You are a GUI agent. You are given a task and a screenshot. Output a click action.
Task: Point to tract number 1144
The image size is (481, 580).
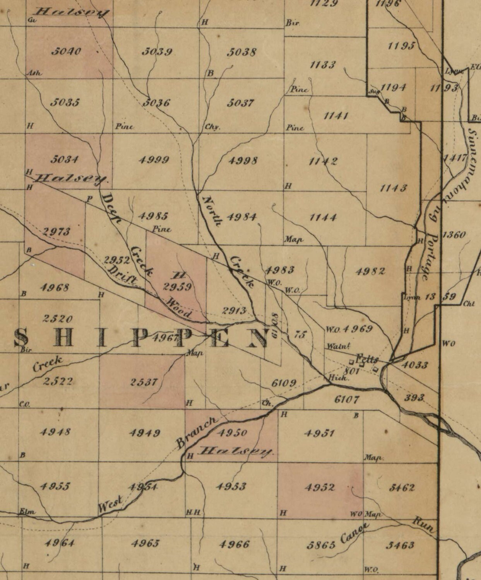click(323, 217)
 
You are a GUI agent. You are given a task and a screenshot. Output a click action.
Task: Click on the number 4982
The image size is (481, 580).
click(370, 271)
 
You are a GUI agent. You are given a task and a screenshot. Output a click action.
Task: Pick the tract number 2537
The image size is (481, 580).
click(143, 382)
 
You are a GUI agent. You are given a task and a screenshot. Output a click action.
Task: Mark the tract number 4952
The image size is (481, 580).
click(320, 487)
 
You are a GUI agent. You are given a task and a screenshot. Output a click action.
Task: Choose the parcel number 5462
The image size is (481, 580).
click(402, 488)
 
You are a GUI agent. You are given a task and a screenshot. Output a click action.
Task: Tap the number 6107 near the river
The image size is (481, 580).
click(347, 399)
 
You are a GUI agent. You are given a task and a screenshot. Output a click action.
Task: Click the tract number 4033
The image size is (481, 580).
click(415, 365)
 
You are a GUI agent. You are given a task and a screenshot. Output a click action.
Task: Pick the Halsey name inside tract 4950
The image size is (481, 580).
click(236, 451)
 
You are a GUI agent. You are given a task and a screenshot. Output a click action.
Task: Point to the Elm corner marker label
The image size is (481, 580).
click(27, 512)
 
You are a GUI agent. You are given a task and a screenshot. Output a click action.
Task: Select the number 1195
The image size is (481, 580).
click(401, 46)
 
